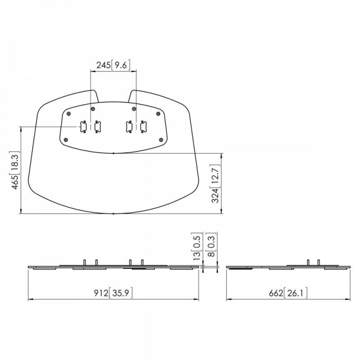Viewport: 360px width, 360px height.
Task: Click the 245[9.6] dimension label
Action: point(113,65)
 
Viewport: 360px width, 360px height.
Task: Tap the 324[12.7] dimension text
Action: point(215,184)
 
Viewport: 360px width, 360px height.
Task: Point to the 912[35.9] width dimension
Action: point(113,293)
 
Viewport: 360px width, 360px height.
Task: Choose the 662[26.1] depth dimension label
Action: point(288,293)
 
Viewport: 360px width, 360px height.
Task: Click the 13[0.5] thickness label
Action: point(197,246)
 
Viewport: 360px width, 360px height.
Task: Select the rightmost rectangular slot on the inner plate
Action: point(144,127)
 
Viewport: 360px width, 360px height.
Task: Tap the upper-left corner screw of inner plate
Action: point(68,114)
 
